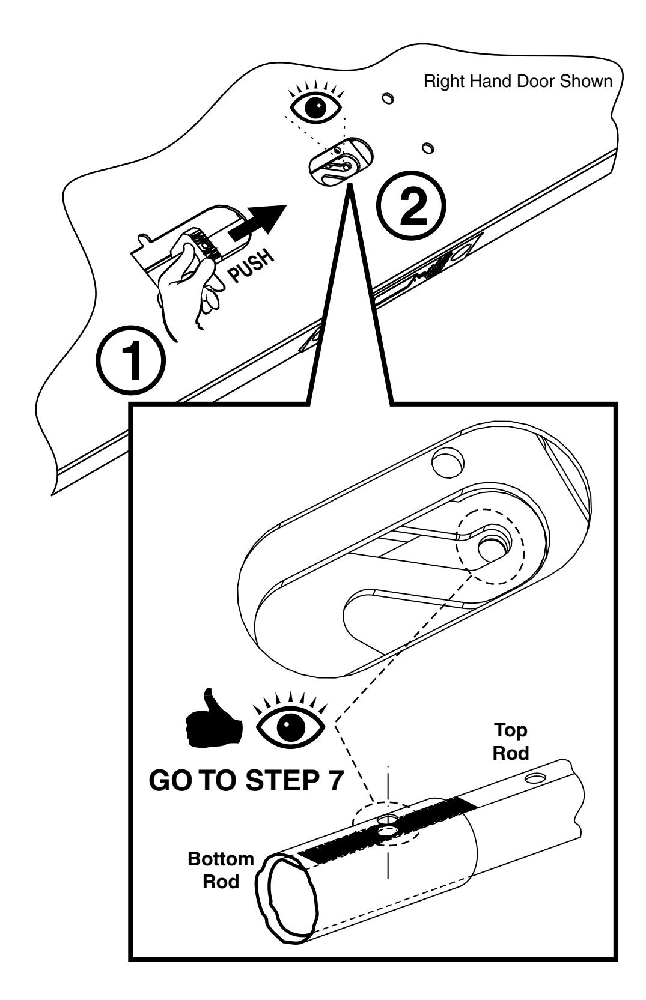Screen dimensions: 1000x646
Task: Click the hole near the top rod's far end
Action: pos(532,779)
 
